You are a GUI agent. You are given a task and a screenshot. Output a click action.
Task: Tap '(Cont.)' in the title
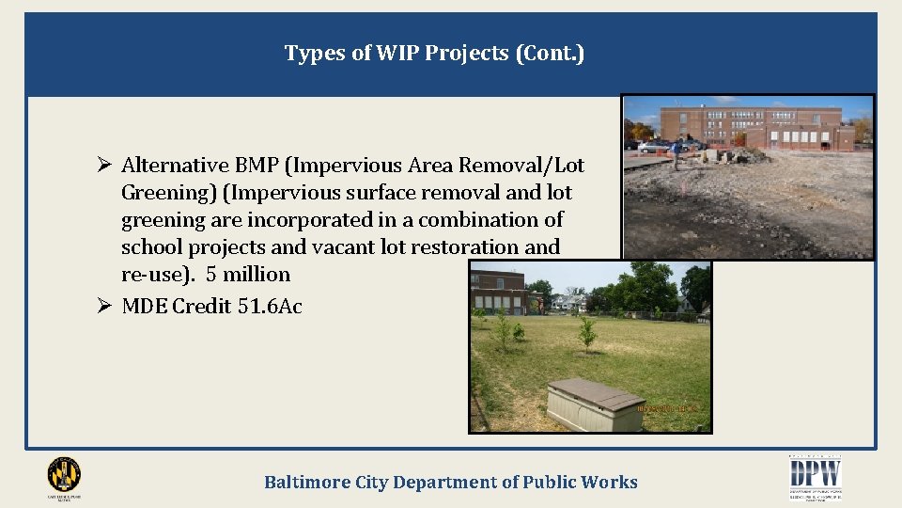coord(550,54)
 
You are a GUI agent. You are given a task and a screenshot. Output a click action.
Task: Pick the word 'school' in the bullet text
coord(150,247)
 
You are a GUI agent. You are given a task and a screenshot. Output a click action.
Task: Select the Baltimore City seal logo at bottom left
coord(64,474)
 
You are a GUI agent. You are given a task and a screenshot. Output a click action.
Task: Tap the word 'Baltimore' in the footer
coord(307,483)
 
